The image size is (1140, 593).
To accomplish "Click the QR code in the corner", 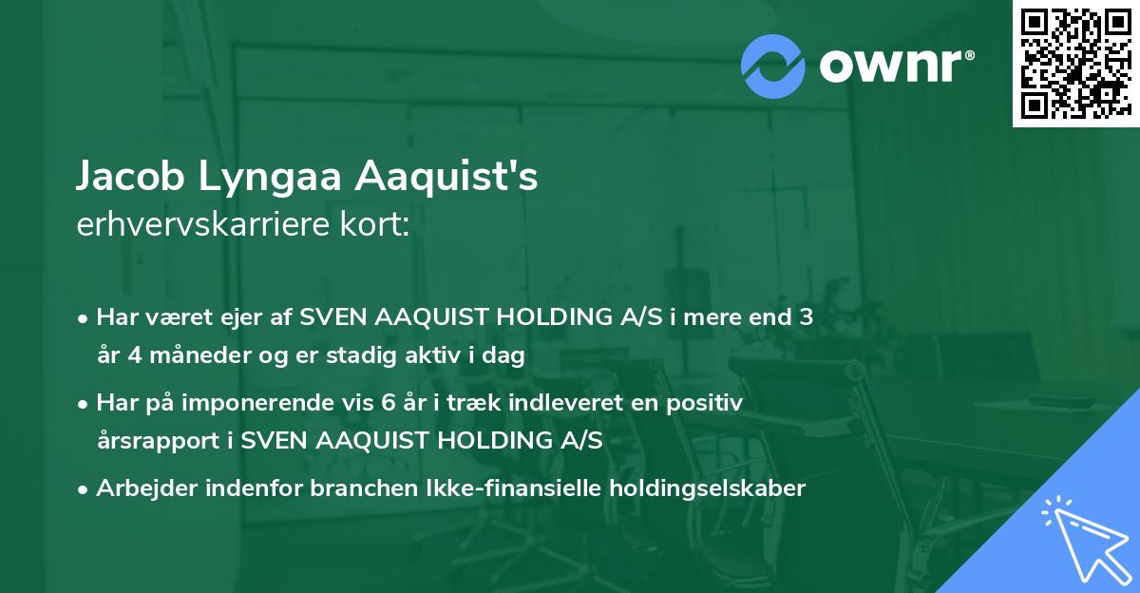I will coord(1075,63).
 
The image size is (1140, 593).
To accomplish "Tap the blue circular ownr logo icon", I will coord(772,66).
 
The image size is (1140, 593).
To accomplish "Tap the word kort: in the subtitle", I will coord(379,224).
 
